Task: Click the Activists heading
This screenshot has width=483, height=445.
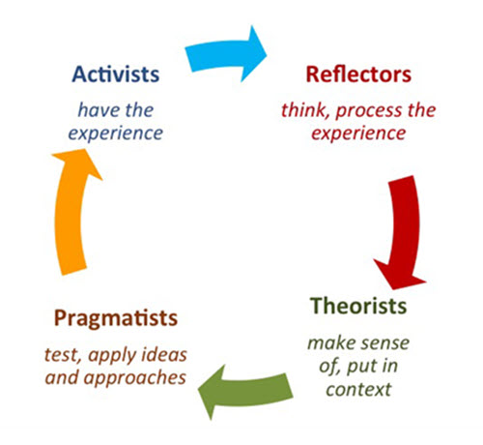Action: (x=116, y=74)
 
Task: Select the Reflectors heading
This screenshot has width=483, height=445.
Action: (x=358, y=74)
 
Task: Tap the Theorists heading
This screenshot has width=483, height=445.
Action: (x=358, y=306)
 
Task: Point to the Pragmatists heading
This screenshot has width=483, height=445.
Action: (x=116, y=319)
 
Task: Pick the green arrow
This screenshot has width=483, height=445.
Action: (x=244, y=390)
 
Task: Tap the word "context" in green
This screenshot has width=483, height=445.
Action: (x=358, y=390)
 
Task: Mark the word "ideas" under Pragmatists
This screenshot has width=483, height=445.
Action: (x=165, y=355)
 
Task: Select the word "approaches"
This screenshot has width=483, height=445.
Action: (x=134, y=378)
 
